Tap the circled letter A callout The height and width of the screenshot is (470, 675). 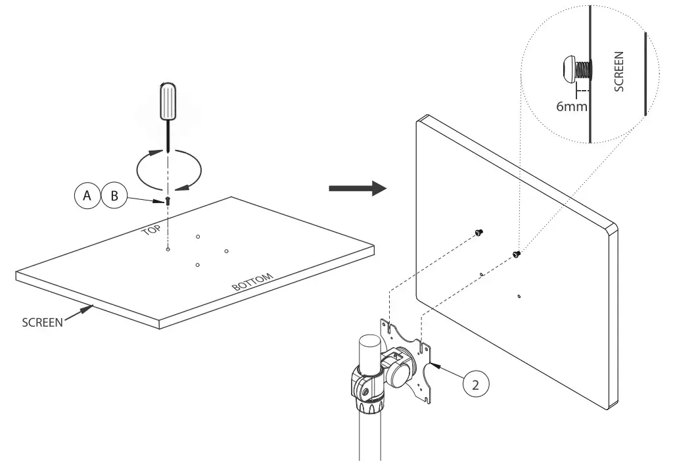[x=86, y=195]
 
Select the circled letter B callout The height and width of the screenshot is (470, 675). [x=114, y=195]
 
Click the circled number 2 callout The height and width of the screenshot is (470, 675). [x=477, y=384]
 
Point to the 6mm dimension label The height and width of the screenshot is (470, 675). [x=571, y=105]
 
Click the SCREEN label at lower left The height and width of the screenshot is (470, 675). [x=42, y=323]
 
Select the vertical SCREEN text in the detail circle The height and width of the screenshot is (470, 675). [x=618, y=72]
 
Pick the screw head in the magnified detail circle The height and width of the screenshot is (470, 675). [x=569, y=68]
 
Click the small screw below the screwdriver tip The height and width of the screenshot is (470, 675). [x=168, y=200]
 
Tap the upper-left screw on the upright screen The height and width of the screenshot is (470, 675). [x=478, y=231]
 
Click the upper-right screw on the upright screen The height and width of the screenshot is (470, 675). [x=517, y=253]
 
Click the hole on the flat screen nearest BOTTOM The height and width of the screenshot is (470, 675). [x=197, y=265]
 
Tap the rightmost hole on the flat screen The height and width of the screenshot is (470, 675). [x=226, y=250]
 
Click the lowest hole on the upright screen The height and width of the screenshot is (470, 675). [x=519, y=296]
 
